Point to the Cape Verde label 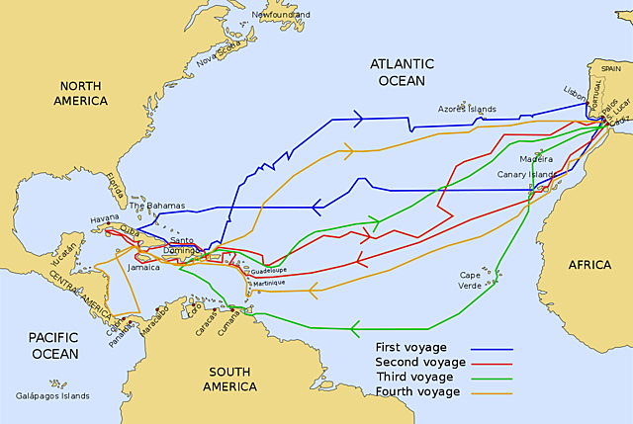tap(471, 279)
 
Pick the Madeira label tap(521, 157)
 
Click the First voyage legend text tap(411, 348)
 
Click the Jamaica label tap(144, 267)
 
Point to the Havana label tap(104, 217)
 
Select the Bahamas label tap(158, 206)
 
